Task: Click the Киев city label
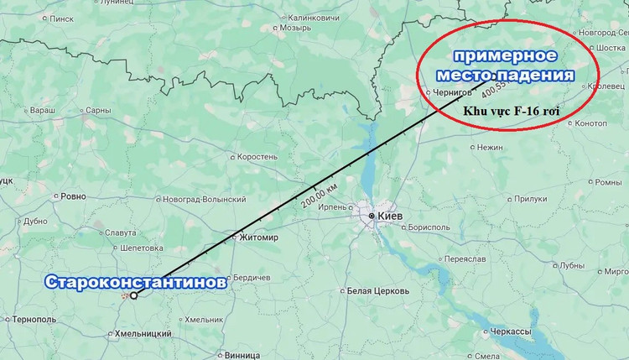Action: click(391, 217)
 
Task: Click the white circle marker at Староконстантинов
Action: click(134, 295)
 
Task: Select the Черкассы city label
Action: click(510, 331)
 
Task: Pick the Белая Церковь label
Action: click(377, 291)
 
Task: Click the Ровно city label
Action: click(73, 196)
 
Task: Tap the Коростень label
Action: click(258, 156)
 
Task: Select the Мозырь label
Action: click(295, 27)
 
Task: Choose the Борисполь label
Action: click(431, 227)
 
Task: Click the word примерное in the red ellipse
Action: click(507, 56)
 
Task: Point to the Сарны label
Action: click(98, 110)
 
